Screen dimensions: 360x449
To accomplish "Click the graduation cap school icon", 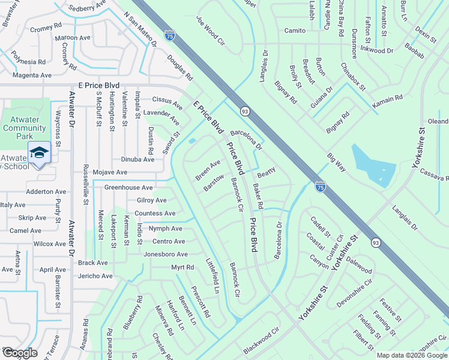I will pos(39,152).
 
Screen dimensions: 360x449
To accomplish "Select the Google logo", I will pos(20,353).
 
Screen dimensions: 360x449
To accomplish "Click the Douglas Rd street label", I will pos(179,69).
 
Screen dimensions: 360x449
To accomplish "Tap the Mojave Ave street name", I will pos(110,172).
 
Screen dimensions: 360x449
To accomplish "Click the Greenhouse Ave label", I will pos(128,187).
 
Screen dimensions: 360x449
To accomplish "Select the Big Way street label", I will pos(336,163).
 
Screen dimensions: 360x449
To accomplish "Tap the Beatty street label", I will pos(266,174).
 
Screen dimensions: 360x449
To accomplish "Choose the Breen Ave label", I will pos(208,170).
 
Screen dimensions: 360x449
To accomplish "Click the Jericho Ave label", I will pos(95,276).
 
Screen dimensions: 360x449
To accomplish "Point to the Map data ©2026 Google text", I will pos(411,355).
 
